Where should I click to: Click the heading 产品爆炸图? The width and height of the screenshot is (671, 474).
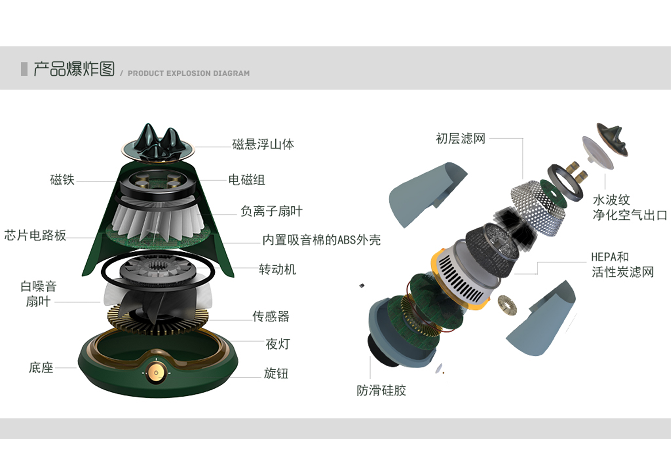(74, 69)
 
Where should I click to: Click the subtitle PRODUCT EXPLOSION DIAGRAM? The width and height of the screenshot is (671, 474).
(188, 73)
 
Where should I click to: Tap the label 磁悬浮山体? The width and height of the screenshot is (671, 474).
(263, 144)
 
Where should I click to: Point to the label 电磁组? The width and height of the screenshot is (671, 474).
(246, 180)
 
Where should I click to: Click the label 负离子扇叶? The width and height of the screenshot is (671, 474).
(271, 211)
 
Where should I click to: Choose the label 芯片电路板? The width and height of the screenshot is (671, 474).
(35, 235)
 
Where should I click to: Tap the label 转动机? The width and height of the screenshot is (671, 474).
(277, 269)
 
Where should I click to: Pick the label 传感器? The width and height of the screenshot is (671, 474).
(271, 316)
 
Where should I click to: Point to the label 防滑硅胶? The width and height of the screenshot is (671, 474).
(381, 390)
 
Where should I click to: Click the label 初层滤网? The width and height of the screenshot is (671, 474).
(460, 138)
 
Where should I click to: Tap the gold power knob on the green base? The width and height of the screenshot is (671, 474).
(156, 373)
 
